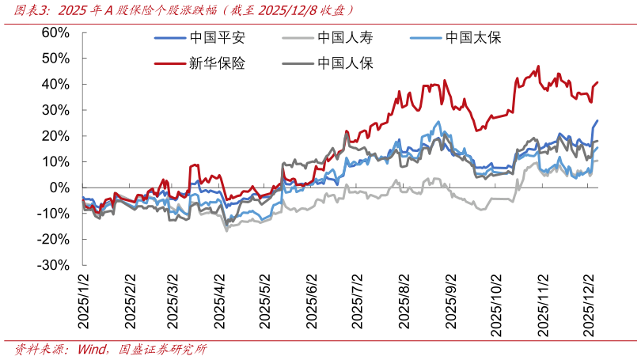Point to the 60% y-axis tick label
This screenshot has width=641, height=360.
point(55,32)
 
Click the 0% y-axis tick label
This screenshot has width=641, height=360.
point(60,188)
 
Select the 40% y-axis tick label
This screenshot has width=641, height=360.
point(55,84)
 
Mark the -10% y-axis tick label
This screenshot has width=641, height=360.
point(54,214)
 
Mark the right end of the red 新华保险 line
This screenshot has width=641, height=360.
point(597,82)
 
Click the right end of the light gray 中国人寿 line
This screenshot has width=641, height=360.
point(597,161)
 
